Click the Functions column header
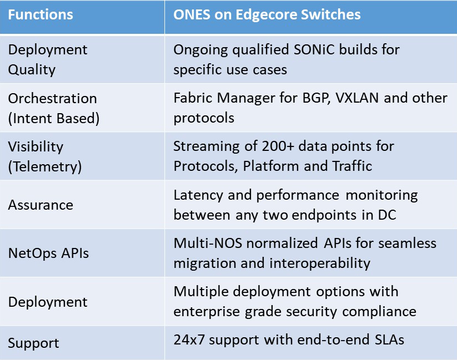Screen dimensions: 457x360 [x=41, y=14]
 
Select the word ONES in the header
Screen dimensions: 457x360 [x=192, y=14]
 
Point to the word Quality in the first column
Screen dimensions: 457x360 [x=32, y=70]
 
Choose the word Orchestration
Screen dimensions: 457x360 [x=52, y=98]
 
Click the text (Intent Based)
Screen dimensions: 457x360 [x=54, y=119]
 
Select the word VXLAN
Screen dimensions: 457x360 [x=357, y=98]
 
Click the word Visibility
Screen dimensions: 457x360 [x=36, y=147]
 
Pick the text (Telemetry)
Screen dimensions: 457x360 [x=45, y=166]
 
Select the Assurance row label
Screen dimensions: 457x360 [x=41, y=205]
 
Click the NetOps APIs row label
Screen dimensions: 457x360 [x=48, y=253]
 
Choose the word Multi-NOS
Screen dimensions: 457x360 [x=208, y=243]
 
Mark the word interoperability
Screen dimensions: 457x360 [x=320, y=263]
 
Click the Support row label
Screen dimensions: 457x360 [x=33, y=343]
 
